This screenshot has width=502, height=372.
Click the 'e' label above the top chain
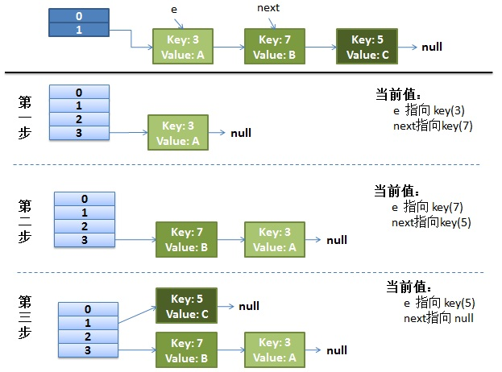[x=175, y=8]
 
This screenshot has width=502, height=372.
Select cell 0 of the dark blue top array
[x=77, y=16]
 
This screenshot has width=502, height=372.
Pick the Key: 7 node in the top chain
[x=274, y=47]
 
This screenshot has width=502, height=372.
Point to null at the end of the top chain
[x=432, y=47]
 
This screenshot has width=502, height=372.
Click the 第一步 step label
[x=25, y=118]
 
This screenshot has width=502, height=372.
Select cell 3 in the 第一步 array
[x=79, y=132]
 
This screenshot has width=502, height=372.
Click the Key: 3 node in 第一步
[x=177, y=132]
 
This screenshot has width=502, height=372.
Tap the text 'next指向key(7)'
[x=426, y=126]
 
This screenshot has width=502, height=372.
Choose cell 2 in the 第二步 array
[x=85, y=227]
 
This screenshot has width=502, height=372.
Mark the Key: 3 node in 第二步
[x=275, y=239]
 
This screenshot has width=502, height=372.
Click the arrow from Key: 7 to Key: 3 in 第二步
[x=230, y=239]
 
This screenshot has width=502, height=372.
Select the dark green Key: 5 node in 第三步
[x=186, y=307]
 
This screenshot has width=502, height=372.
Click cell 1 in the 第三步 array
[x=88, y=322]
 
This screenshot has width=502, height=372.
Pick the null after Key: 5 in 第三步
[x=249, y=307]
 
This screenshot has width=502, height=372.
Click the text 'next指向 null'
[x=438, y=318]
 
